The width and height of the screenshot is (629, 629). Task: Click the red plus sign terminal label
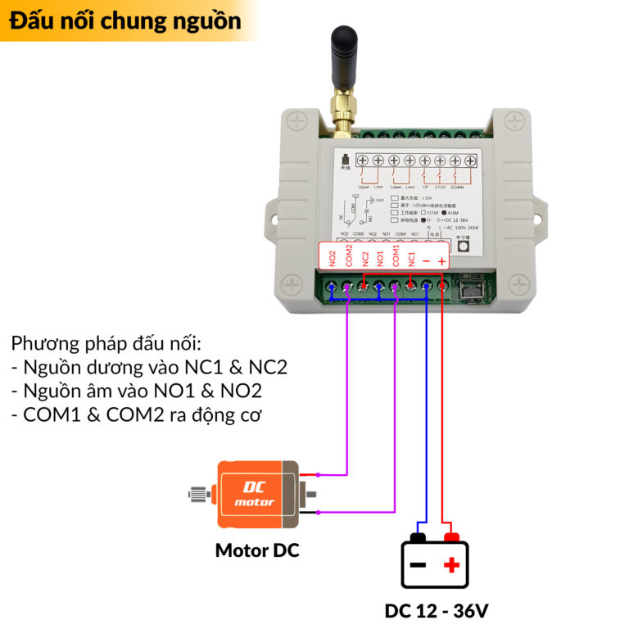[442, 260]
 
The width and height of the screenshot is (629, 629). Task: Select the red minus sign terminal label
[427, 260]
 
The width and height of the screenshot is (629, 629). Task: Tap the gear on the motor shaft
[197, 494]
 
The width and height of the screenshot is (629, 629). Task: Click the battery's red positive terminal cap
[450, 537]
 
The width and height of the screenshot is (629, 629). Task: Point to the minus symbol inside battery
[418, 565]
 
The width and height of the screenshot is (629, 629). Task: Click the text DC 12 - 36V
[437, 611]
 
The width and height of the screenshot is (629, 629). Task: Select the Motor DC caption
[257, 550]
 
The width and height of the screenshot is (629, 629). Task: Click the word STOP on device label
[440, 187]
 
